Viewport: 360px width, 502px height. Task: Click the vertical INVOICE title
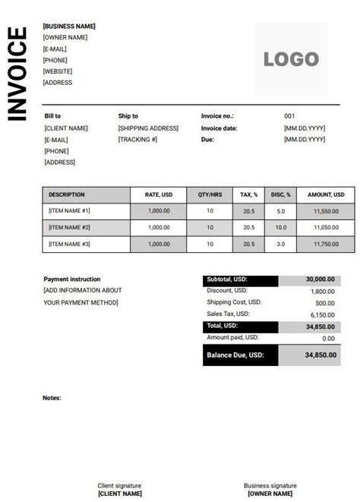coord(17,74)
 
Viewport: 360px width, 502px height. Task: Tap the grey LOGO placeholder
coord(291,58)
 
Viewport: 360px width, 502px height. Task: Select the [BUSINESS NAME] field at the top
coord(69,26)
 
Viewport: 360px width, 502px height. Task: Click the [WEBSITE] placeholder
coord(58,71)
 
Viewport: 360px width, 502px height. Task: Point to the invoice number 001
coord(289,116)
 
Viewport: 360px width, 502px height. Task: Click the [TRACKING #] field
coord(137,140)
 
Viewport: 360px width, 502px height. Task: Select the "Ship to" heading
coord(128,116)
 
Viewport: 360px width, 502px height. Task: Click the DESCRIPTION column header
coord(67,195)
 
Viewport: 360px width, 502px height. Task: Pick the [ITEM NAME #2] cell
coord(69,227)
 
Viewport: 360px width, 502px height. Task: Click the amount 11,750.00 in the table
coord(325,244)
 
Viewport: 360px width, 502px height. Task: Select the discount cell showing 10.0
coord(281,227)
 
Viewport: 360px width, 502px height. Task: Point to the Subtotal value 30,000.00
coord(320,279)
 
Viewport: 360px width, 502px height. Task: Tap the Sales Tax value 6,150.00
coord(321,314)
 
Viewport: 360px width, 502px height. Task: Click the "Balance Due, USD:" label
coord(235,355)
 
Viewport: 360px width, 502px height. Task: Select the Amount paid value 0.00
coord(328,339)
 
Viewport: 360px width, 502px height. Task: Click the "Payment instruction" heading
coord(71,279)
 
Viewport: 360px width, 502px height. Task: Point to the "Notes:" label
coord(52,397)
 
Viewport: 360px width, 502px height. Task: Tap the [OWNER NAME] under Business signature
coord(270,494)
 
